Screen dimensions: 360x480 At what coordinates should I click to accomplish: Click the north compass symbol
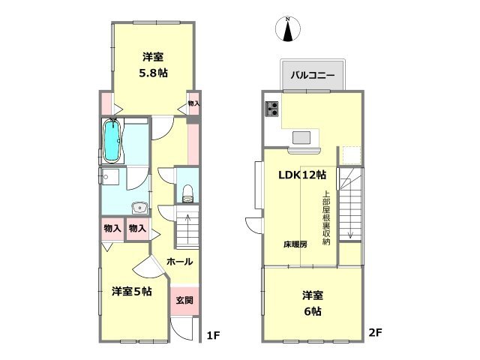pos(288,29)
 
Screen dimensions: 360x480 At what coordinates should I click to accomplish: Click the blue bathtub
pos(111,140)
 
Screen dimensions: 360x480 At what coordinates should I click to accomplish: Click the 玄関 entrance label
pos(184,300)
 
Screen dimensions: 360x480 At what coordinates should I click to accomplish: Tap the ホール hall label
pos(180,262)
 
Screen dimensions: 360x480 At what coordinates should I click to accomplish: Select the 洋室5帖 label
pos(132,291)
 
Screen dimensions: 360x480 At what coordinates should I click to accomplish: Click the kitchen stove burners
pos(271,109)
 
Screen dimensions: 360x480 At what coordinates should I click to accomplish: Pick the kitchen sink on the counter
pos(304,137)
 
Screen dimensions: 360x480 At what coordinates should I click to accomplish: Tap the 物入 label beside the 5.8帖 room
pos(193,103)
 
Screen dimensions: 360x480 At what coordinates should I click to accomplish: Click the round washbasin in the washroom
pos(139,208)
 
